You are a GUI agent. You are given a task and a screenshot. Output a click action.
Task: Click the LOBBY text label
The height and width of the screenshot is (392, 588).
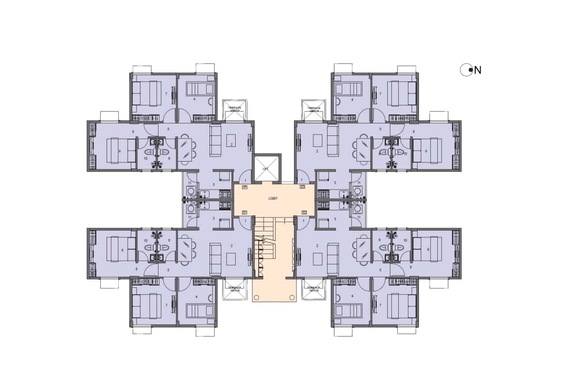point(274,199)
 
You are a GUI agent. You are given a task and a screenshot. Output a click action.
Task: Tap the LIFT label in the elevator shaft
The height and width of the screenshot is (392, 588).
point(266,169)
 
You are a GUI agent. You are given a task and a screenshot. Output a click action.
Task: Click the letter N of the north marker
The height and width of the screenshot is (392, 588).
point(478,70)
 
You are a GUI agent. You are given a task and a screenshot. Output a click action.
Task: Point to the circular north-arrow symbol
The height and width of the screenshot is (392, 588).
point(466,70)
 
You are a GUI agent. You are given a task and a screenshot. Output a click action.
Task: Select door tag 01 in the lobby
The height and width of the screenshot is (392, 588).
point(244,212)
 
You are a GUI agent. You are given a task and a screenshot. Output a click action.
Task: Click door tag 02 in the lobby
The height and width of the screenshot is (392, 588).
point(304,212)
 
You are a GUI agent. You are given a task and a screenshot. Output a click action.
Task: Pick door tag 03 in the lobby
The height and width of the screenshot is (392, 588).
point(302,187)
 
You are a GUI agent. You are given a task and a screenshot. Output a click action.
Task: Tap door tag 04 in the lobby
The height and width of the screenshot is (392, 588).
point(244,187)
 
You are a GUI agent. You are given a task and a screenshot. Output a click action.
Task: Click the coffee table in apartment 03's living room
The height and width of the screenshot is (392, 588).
point(317,140)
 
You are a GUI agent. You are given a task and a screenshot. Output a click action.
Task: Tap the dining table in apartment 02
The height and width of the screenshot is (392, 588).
point(363,250)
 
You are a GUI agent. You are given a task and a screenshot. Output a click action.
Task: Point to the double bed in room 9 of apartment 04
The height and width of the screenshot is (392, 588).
point(121,151)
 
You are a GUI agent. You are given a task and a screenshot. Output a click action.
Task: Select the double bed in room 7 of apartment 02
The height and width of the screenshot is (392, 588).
point(401,306)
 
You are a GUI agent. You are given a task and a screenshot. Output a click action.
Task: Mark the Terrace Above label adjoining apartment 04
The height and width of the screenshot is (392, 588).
point(235,109)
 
